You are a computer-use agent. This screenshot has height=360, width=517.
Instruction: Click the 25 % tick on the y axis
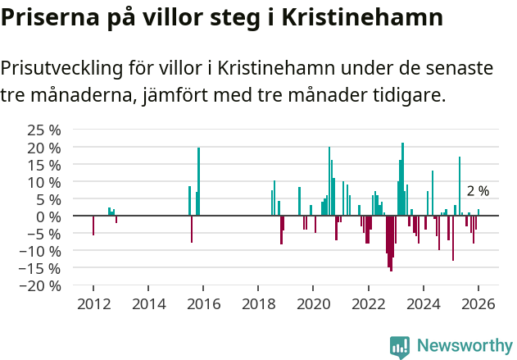pos(43,130)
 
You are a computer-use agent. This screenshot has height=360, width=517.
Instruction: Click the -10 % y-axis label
pos(41,251)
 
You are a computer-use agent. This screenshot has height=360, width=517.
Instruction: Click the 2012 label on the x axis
pos(93,305)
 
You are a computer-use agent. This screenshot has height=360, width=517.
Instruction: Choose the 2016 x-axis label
pos(203,305)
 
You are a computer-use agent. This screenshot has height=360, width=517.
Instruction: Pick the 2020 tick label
pos(313,305)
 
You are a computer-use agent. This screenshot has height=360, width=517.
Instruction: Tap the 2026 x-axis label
pos(478,305)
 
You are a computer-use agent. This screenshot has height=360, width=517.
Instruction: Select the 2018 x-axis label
pos(258,305)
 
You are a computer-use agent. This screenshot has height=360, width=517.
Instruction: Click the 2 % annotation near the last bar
pos(478,191)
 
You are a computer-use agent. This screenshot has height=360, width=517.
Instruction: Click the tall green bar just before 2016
pos(198,180)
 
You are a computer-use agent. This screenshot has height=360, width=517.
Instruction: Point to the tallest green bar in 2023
pos(402,179)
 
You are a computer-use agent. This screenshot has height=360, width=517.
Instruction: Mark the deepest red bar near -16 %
pos(391,244)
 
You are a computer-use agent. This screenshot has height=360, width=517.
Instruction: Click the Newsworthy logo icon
pos(400,346)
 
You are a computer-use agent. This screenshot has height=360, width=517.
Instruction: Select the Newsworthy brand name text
pos(464,346)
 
